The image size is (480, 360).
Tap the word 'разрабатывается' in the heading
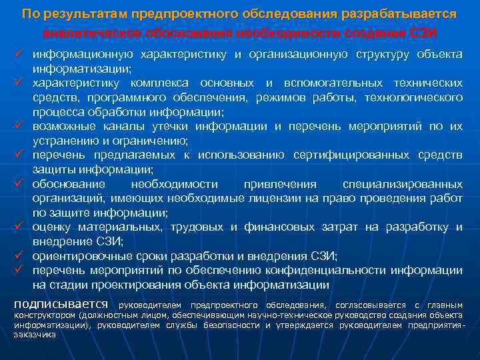click(x=407, y=14)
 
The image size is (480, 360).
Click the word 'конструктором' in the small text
click(x=44, y=315)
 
